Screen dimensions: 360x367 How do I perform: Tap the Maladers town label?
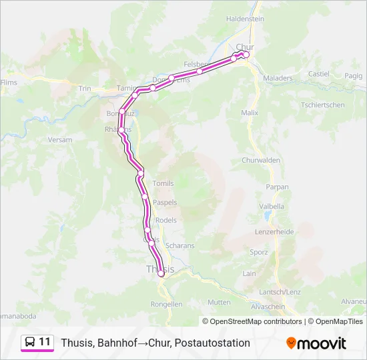tap(278, 78)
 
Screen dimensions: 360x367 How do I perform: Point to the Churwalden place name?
tap(260, 161)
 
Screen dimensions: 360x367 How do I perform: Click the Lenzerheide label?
tap(274, 232)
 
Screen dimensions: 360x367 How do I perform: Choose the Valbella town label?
tap(271, 207)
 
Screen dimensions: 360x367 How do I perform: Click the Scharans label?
tap(179, 245)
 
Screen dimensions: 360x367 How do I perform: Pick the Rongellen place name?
tap(167, 304)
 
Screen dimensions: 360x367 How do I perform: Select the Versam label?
tap(60, 140)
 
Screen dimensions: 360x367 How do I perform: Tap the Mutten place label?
tap(219, 302)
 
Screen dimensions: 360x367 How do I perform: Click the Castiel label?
tap(319, 73)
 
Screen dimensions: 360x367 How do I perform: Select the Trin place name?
tap(85, 88)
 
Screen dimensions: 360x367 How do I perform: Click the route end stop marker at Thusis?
tap(161, 273)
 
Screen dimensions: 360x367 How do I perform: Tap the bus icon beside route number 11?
tap(30, 342)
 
